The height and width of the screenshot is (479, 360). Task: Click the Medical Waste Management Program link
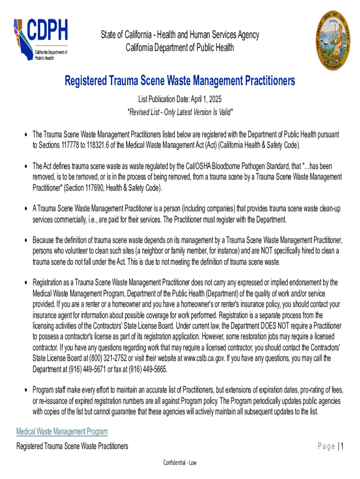[62, 431]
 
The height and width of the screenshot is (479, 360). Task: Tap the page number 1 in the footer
[342, 446]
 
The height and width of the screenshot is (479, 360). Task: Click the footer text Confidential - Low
[180, 463]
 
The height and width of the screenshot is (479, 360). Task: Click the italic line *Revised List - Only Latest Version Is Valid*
[180, 111]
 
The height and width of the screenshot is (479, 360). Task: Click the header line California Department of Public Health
[180, 48]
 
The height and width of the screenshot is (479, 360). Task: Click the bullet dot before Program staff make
[25, 389]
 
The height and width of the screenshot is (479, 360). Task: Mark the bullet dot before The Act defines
[25, 167]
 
